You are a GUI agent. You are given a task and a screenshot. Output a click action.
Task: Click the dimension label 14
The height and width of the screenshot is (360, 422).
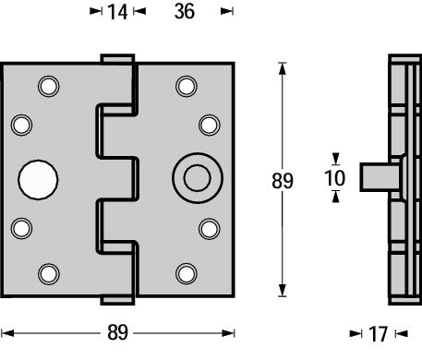[116, 12]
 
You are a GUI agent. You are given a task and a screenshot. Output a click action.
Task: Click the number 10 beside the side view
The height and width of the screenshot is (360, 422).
[336, 177]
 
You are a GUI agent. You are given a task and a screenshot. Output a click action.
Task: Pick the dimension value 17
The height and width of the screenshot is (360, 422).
[379, 333]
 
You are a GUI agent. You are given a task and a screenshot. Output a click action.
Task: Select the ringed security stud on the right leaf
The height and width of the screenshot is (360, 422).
[196, 177]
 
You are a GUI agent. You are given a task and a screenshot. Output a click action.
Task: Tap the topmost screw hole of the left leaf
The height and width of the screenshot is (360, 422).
[47, 87]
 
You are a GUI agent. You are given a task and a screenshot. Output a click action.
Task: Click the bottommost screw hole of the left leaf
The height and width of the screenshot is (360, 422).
[47, 272]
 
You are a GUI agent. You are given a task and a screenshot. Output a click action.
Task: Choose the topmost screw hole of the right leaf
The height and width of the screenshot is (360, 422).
[187, 87]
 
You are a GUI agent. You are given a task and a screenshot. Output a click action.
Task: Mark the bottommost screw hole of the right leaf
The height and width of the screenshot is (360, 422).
[187, 272]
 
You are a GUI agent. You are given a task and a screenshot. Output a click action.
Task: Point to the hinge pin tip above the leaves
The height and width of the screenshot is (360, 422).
[116, 59]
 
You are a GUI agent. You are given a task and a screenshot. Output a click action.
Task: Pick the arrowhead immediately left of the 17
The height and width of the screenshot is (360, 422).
[356, 333]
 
